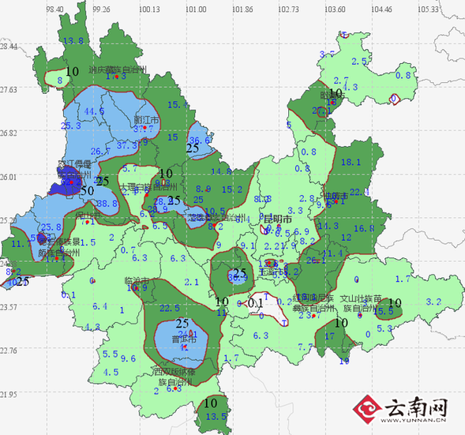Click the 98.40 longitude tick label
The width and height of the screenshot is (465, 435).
[x=55, y=9]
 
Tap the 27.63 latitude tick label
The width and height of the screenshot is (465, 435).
[x=9, y=90]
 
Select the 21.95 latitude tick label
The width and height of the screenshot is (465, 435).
[x=9, y=394]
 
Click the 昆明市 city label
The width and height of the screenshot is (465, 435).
[x=277, y=219]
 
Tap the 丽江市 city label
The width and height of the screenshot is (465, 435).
[x=146, y=119]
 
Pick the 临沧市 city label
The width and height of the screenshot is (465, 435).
[x=137, y=280]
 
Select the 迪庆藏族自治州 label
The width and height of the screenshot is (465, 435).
[x=118, y=69]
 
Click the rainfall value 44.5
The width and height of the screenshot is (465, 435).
[x=94, y=111]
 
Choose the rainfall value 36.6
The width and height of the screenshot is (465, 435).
[x=201, y=140]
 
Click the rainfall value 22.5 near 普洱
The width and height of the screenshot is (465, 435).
[x=170, y=308]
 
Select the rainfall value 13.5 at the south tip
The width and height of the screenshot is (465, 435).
[x=216, y=416]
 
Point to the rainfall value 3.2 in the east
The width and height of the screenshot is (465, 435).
[x=433, y=302]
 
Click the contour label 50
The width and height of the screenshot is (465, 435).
[x=87, y=190]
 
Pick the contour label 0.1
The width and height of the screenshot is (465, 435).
[x=255, y=302]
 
